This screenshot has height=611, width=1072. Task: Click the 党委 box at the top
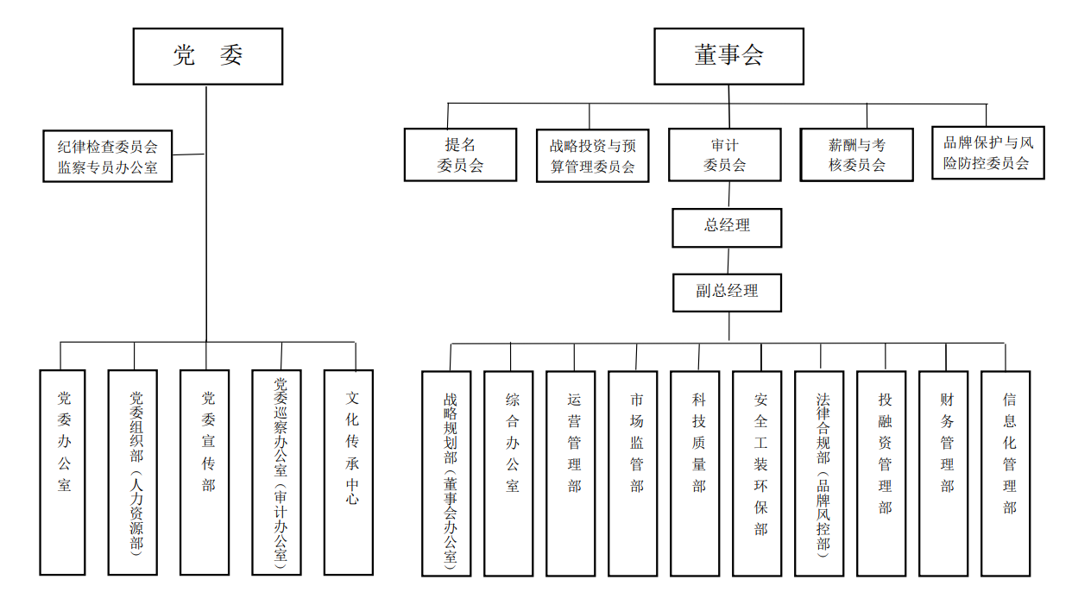pyautogui.click(x=207, y=56)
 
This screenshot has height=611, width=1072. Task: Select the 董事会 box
pyautogui.click(x=728, y=56)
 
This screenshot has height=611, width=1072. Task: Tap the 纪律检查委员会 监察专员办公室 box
pyautogui.click(x=108, y=156)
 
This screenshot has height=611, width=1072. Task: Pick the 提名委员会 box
pyautogui.click(x=460, y=155)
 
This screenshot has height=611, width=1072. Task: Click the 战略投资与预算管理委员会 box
pyautogui.click(x=592, y=155)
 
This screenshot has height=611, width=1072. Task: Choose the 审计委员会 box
pyautogui.click(x=724, y=155)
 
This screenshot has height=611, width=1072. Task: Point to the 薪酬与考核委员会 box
pyautogui.click(x=856, y=155)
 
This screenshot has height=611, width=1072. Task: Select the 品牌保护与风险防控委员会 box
pyautogui.click(x=987, y=154)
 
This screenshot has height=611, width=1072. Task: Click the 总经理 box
pyautogui.click(x=727, y=227)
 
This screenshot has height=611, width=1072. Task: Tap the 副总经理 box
pyautogui.click(x=727, y=293)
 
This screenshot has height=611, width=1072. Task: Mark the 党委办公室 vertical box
pyautogui.click(x=63, y=472)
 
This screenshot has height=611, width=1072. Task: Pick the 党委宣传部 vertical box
pyautogui.click(x=205, y=472)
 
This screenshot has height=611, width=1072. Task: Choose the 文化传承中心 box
pyautogui.click(x=349, y=472)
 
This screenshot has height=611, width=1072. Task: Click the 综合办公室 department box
pyautogui.click(x=508, y=473)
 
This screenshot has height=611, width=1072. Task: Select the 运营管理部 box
pyautogui.click(x=571, y=473)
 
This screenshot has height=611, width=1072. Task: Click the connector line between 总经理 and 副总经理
pyautogui.click(x=728, y=261)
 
